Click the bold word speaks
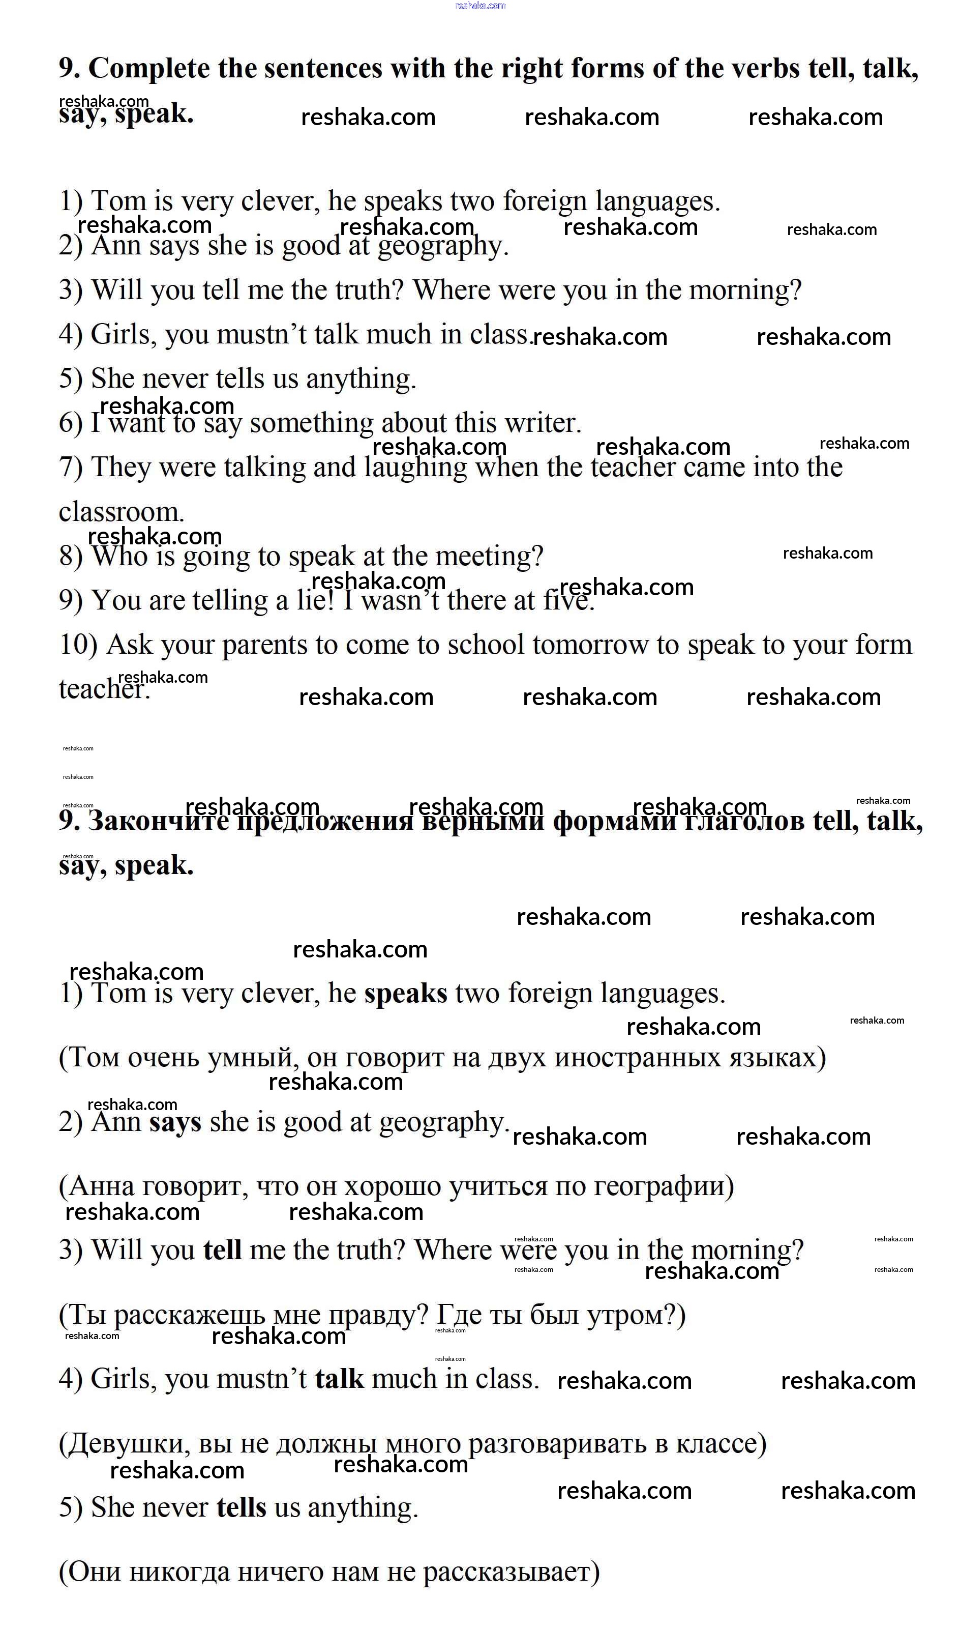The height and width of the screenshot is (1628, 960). (x=406, y=993)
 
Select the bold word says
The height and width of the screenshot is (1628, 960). (x=175, y=1121)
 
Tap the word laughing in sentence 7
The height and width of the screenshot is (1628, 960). (x=415, y=467)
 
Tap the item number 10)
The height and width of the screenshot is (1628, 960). (x=78, y=645)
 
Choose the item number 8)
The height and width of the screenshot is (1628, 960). (x=71, y=556)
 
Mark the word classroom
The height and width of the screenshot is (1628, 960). (x=121, y=512)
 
